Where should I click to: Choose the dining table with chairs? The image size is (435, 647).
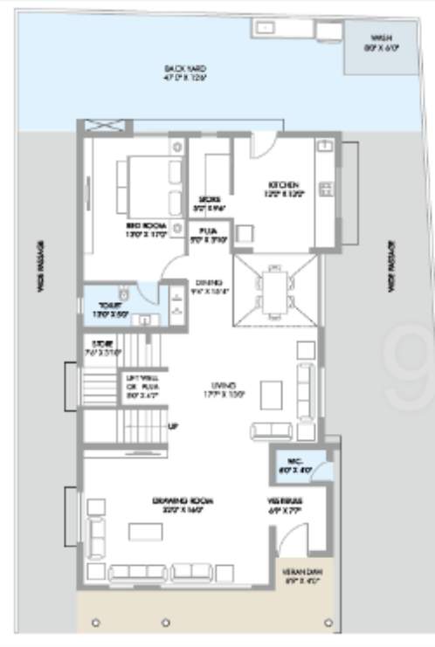pyautogui.click(x=274, y=291)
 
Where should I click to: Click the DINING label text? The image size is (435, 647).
pyautogui.click(x=211, y=286)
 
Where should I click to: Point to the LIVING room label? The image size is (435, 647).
pyautogui.click(x=227, y=388)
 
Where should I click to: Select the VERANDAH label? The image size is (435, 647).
pyautogui.click(x=302, y=576)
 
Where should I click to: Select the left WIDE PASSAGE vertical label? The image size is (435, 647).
pyautogui.click(x=41, y=288)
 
